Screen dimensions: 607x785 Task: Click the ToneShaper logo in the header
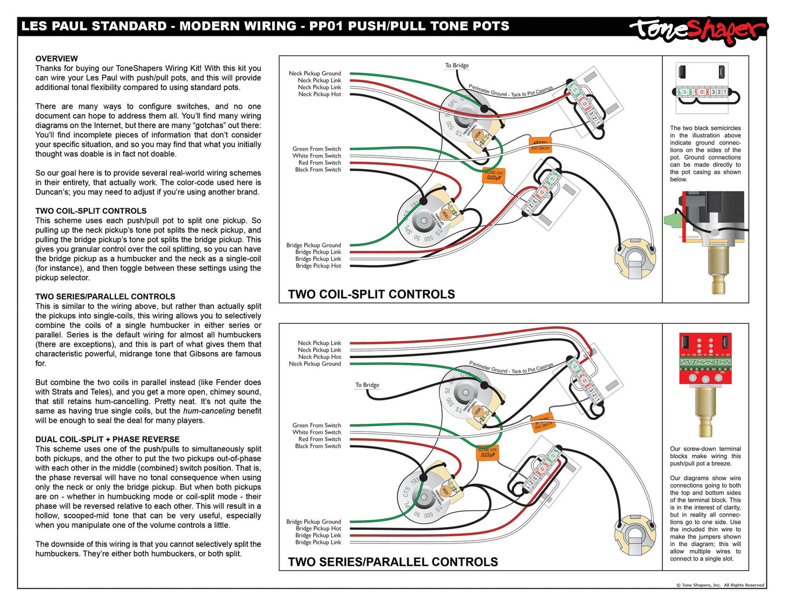point(698,29)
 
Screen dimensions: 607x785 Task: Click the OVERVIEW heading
point(56,59)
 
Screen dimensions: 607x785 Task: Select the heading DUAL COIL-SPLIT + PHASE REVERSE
point(107,440)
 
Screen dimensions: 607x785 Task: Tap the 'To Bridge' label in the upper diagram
point(457,66)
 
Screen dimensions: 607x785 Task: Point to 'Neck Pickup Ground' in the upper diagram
point(315,73)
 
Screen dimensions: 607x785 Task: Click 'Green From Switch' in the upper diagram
point(317,149)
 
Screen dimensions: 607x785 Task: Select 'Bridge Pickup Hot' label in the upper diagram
point(318,266)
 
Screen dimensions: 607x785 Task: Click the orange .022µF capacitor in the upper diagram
point(494,176)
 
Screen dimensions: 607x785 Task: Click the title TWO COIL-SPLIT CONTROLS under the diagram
point(371,295)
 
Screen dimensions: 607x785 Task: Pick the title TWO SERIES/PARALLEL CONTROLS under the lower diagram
point(393,562)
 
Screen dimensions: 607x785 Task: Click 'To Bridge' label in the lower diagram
point(367,385)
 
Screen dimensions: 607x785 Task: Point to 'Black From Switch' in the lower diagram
point(318,446)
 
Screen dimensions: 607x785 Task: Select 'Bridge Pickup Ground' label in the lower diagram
point(313,522)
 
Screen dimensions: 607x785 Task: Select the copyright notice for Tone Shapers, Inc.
point(720,585)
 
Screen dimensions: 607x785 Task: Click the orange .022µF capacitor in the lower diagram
point(487,453)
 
